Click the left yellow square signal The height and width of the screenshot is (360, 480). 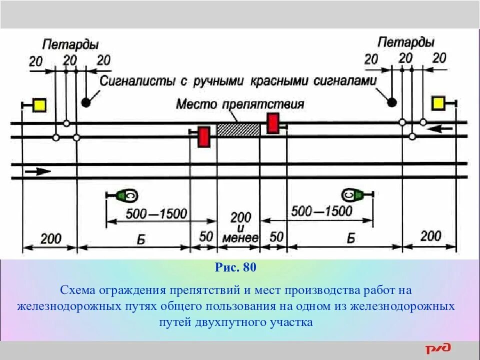point(39,105)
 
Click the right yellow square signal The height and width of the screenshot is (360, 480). point(438,103)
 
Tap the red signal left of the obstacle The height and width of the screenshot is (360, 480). point(204,137)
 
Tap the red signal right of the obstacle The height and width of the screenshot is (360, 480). point(272,123)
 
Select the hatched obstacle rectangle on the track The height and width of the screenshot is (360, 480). point(238,129)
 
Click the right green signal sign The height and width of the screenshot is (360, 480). point(353,194)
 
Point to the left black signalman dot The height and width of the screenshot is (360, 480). point(86,102)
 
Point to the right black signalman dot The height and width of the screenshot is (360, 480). point(392,102)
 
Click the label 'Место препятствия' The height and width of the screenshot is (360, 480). point(240,104)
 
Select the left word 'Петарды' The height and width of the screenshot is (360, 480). point(70,44)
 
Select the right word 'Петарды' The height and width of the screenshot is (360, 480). point(405,42)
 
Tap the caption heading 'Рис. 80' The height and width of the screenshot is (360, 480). point(236,267)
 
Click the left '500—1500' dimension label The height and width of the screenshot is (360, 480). point(156,214)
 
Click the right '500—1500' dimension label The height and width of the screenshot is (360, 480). point(321,210)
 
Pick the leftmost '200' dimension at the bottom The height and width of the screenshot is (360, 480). point(50,238)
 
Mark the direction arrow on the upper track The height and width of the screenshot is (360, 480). point(440,129)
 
